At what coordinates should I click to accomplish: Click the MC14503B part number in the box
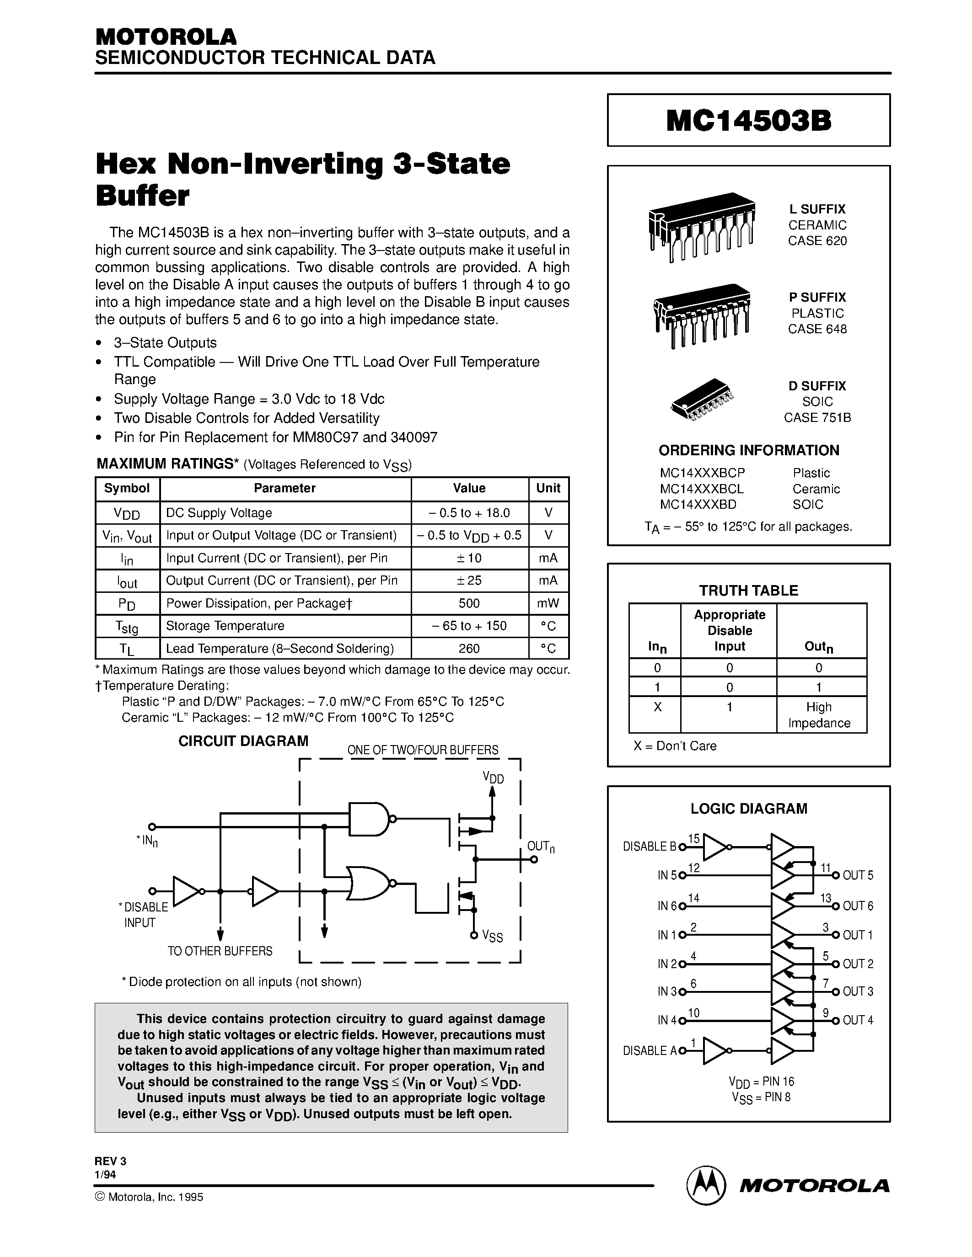[749, 121]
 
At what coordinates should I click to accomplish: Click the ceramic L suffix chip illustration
[701, 226]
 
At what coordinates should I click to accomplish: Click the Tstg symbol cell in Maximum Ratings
[127, 626]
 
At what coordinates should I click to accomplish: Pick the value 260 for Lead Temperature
[469, 649]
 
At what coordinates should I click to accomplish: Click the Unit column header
[548, 488]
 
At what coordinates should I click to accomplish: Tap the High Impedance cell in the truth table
[818, 714]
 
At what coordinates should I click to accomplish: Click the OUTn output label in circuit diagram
[540, 847]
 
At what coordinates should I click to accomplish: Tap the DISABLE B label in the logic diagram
[649, 847]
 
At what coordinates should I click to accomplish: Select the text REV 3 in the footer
[110, 1161]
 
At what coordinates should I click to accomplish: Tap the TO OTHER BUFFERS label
[220, 951]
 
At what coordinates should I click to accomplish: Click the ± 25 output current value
[469, 581]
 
